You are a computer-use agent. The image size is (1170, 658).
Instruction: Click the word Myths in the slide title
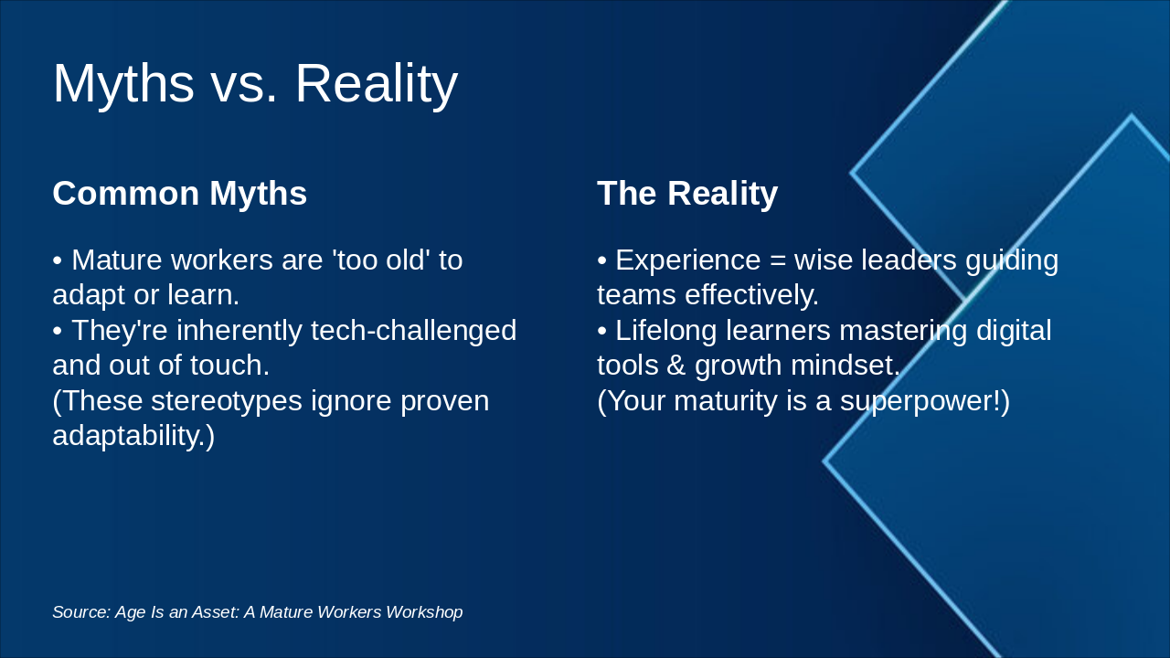coord(123,83)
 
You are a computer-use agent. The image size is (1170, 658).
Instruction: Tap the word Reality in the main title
coord(376,83)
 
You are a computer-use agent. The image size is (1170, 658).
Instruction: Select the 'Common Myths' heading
coord(179,194)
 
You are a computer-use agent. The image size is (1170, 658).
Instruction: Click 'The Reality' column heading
coord(687,194)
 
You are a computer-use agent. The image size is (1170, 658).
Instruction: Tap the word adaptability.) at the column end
coord(133,435)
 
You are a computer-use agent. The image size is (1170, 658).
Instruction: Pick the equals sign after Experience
coord(778,261)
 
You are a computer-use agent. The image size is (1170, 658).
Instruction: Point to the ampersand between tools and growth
coord(676,366)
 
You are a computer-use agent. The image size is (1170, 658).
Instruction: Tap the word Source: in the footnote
coord(81,612)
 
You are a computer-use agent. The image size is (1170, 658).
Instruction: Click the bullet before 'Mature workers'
coord(58,261)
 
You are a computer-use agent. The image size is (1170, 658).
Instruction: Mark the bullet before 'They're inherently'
coord(58,331)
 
